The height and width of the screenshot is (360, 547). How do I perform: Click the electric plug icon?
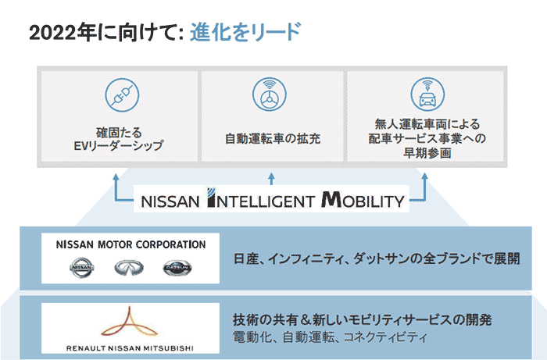(122, 94)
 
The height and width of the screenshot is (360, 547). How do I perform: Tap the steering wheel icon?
(270, 94)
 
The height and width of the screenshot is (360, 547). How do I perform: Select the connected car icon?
(427, 94)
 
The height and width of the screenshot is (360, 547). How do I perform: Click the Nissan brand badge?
(82, 268)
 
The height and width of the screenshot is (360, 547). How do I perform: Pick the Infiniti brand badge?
(129, 268)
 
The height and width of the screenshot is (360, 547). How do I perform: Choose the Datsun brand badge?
(177, 268)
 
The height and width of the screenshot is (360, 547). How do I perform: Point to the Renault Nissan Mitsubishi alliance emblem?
(130, 323)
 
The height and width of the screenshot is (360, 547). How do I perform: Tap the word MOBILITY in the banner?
(363, 200)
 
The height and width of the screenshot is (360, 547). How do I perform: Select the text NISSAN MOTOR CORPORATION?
(130, 244)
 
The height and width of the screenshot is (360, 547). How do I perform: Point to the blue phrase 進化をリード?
(245, 32)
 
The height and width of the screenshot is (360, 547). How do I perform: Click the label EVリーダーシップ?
(118, 146)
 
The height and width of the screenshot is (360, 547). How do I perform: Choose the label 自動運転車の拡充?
(273, 139)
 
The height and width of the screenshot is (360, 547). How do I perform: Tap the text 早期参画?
(427, 153)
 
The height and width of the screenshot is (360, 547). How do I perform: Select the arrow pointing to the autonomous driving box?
(271, 179)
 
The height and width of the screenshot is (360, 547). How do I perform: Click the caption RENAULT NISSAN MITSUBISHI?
(130, 348)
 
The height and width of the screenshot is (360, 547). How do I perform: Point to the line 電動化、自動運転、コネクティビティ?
(330, 337)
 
